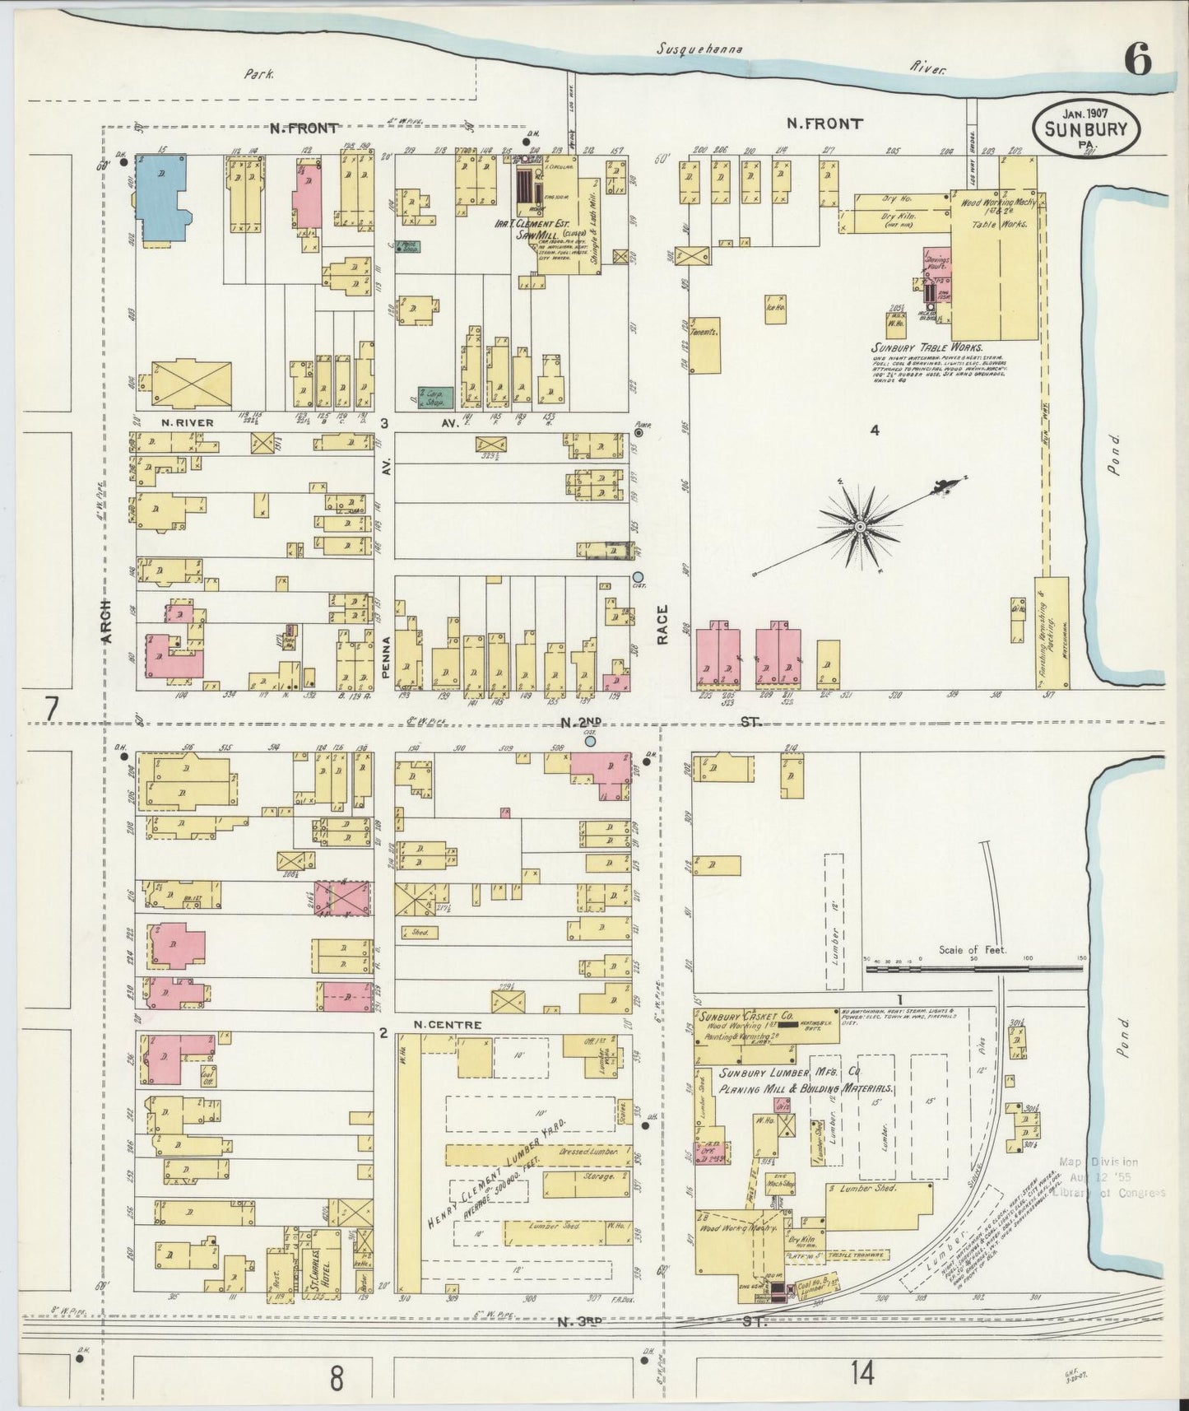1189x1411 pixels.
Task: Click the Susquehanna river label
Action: (x=699, y=49)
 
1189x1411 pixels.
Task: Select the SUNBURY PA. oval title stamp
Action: (x=1086, y=128)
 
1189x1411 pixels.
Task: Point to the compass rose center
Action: (x=860, y=525)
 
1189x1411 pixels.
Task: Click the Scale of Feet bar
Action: (x=973, y=968)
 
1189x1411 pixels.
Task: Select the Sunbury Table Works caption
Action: (x=927, y=347)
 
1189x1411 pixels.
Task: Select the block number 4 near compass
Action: (x=875, y=430)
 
